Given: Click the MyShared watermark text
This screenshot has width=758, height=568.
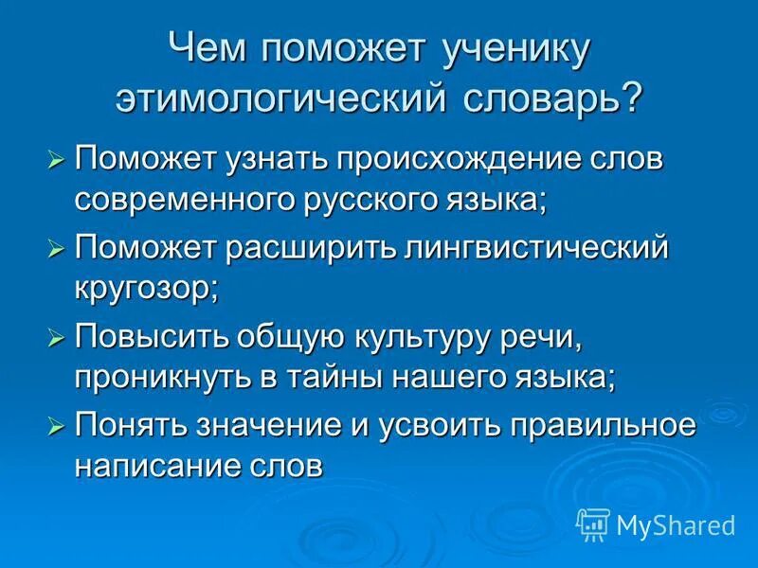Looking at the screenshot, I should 676,524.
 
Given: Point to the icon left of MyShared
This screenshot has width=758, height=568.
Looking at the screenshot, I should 593,523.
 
